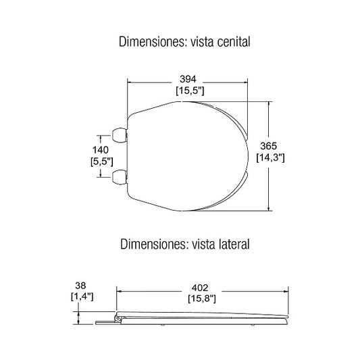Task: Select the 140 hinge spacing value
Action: point(101,149)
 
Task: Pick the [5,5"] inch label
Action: point(101,161)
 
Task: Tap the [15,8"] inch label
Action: point(202,297)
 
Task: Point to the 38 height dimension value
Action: point(80,284)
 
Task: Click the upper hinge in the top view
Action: point(120,135)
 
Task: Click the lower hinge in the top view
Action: point(120,176)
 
